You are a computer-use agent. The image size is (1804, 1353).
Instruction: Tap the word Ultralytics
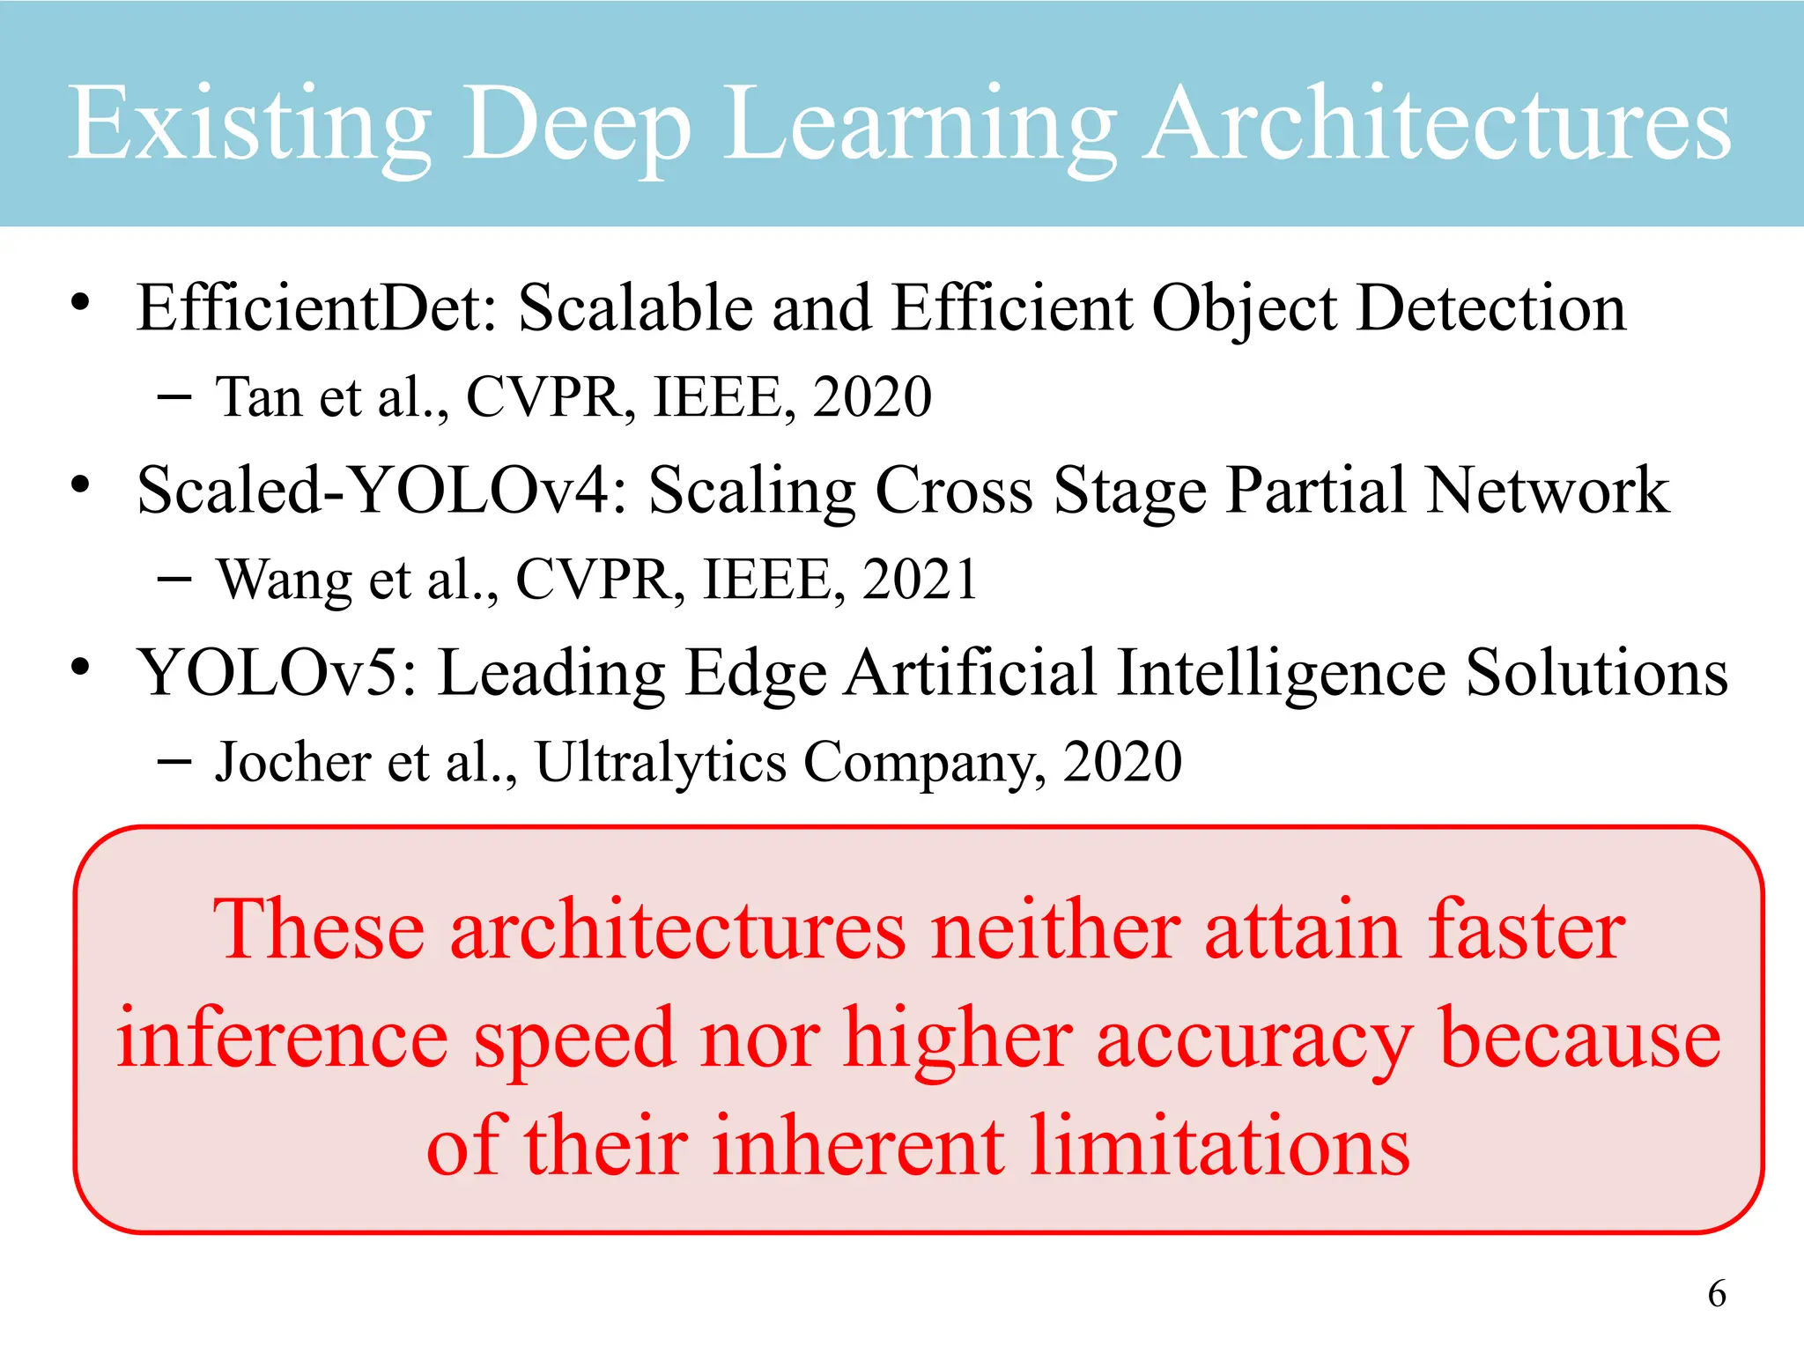661,763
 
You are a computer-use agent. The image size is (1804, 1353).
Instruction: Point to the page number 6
1717,1294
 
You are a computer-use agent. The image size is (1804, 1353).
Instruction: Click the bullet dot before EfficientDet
80,303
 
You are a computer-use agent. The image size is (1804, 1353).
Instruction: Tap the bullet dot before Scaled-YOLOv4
80,484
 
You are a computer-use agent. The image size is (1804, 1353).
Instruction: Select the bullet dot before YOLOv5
80,667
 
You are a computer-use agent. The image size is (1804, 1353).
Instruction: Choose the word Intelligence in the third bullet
1282,673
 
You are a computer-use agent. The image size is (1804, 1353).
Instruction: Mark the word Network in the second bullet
1548,491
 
